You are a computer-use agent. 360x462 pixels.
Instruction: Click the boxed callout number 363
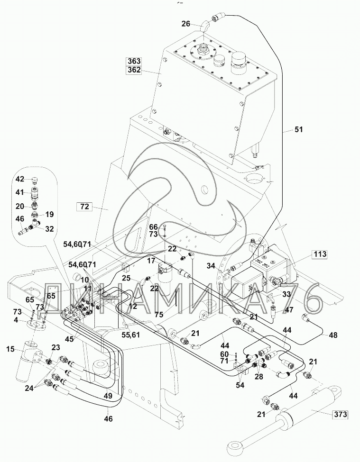tap(134, 62)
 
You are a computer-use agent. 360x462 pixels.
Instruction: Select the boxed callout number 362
tap(134, 70)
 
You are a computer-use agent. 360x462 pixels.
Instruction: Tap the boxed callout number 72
tap(84, 207)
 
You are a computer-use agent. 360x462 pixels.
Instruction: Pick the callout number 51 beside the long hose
tap(299, 129)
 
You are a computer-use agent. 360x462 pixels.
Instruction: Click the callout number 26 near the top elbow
tap(186, 24)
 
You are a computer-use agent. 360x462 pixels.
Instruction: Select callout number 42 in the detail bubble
tap(20, 179)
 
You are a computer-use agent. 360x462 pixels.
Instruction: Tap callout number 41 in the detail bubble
tap(20, 193)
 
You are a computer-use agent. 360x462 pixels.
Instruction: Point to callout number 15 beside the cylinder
tap(10, 349)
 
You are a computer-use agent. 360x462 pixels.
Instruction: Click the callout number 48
tap(333, 335)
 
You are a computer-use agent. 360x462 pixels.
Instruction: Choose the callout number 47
tap(289, 310)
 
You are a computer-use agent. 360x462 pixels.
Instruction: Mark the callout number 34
tap(211, 266)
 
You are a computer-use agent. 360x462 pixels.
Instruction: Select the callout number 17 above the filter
tap(151, 261)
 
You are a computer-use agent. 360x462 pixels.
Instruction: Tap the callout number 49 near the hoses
tap(108, 396)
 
